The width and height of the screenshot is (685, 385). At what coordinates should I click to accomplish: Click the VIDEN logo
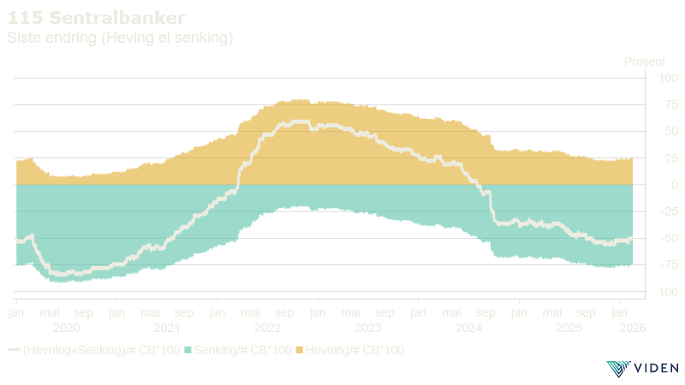(641, 369)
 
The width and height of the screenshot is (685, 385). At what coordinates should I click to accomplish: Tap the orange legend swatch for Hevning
(299, 350)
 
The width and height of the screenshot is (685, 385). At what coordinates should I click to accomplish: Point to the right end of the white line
(632, 238)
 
